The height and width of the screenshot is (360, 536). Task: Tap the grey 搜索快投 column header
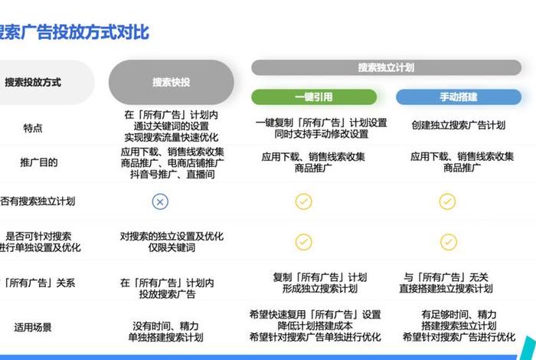tap(171, 82)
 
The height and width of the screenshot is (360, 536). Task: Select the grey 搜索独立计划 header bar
tap(386, 67)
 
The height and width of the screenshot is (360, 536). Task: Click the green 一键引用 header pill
tap(314, 97)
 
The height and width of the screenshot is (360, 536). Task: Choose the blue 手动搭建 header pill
tap(458, 97)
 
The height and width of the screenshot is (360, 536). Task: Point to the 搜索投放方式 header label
tap(33, 82)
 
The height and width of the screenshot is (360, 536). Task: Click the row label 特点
tap(33, 128)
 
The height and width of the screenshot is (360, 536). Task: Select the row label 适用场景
tap(33, 327)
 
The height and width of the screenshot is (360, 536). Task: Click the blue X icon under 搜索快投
tap(159, 201)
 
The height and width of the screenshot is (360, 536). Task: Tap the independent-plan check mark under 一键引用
tap(304, 201)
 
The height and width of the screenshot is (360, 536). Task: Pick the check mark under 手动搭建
tap(447, 201)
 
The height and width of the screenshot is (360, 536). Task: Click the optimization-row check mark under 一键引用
tap(304, 242)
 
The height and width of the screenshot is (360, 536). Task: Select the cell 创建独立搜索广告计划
tap(458, 125)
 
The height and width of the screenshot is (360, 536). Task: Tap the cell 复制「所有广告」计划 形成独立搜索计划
tap(319, 283)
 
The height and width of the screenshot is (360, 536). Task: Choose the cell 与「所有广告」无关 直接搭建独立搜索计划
tap(446, 283)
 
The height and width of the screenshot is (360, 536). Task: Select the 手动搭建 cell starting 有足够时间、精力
tap(458, 326)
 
